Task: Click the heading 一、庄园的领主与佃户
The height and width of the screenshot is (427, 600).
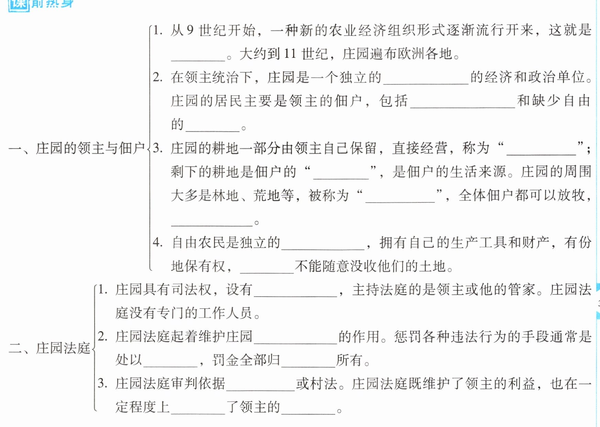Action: coord(76,148)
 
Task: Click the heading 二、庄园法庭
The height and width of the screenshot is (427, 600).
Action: coord(49,348)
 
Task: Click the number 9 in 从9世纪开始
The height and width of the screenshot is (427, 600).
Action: coord(190,31)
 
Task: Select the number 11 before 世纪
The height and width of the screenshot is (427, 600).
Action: coord(290,54)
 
